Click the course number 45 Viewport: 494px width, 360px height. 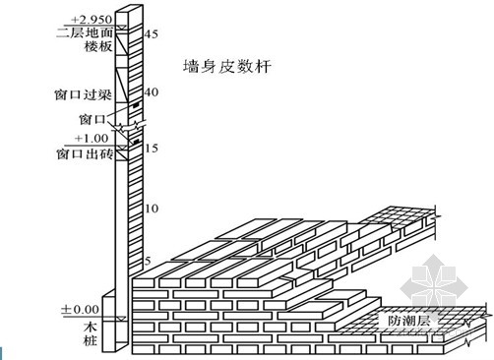tap(152, 34)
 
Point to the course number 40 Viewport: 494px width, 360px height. tap(152, 91)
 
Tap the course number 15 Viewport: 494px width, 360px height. tap(152, 149)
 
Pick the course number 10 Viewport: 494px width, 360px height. tap(152, 209)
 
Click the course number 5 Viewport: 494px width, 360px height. tap(148, 262)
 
